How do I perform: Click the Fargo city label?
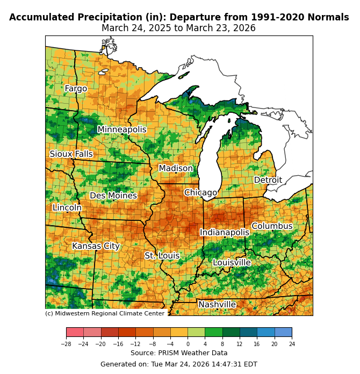click(x=76, y=89)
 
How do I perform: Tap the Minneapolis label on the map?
click(x=122, y=130)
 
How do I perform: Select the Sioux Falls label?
click(x=71, y=154)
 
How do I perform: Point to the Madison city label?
click(x=176, y=169)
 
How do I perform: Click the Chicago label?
click(x=201, y=193)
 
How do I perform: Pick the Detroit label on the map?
click(x=268, y=180)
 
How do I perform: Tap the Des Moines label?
click(x=113, y=196)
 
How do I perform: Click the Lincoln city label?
click(x=67, y=208)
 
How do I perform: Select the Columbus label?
click(x=272, y=226)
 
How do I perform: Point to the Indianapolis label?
click(x=225, y=233)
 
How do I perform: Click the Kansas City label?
click(x=96, y=246)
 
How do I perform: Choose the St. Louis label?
click(x=162, y=256)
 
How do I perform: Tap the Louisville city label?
click(x=232, y=263)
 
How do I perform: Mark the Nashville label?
click(x=217, y=305)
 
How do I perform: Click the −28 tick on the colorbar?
click(x=66, y=343)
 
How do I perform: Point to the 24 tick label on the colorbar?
click(x=292, y=343)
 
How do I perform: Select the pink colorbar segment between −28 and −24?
click(x=75, y=332)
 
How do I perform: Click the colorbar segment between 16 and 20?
click(x=265, y=332)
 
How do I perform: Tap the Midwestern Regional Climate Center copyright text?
click(x=105, y=314)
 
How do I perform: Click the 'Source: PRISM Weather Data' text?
click(x=179, y=353)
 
